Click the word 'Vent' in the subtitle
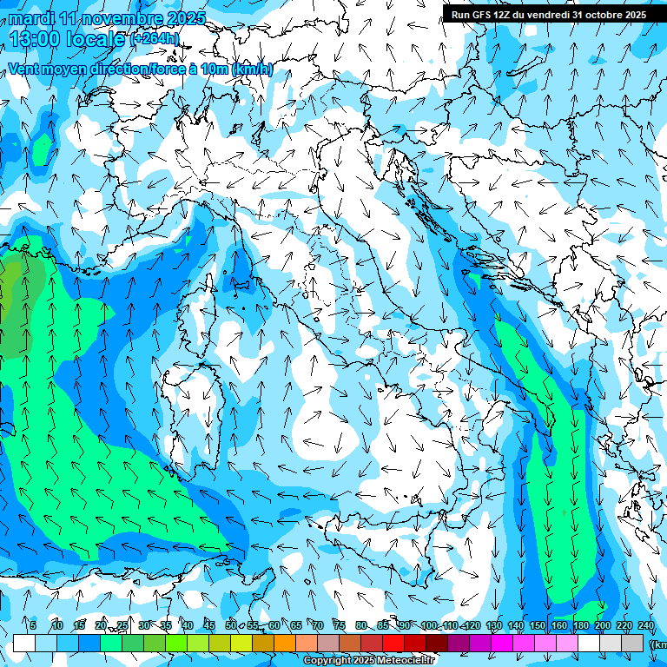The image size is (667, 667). point(24,69)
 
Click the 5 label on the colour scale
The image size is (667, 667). point(33,626)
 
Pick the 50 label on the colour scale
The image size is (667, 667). point(231,626)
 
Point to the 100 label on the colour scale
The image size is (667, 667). point(429,626)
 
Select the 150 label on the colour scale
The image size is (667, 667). point(538,626)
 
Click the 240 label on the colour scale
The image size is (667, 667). point(646,626)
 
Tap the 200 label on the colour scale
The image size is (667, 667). point(603,626)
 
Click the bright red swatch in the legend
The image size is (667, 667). point(393,643)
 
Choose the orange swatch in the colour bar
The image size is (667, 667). point(285,643)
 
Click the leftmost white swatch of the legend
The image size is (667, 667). point(24,643)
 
